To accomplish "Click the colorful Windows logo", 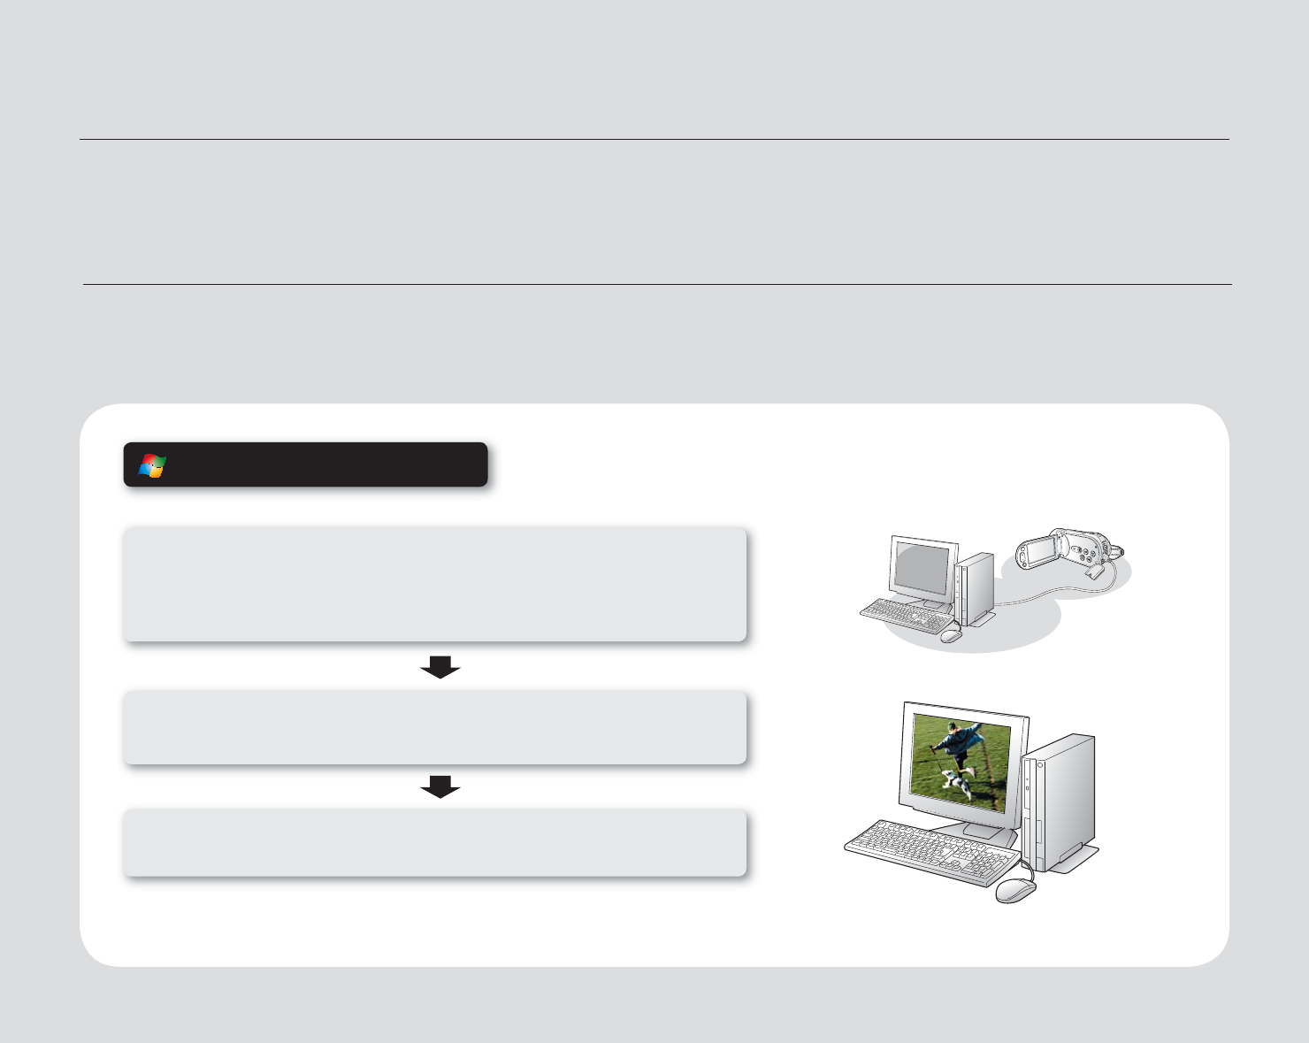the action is click(152, 466).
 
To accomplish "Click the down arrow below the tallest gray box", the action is click(440, 668).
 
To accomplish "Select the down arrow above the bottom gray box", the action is click(440, 786).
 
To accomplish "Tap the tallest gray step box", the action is click(434, 584).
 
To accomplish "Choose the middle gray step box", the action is click(434, 727).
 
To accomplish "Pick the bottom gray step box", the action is click(434, 842).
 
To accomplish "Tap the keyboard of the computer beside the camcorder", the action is click(904, 614).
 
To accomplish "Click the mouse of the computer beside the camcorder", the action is click(951, 635).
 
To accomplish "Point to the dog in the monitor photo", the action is click(953, 782).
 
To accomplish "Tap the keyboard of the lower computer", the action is click(929, 851).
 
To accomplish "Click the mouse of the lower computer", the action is click(1014, 890).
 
